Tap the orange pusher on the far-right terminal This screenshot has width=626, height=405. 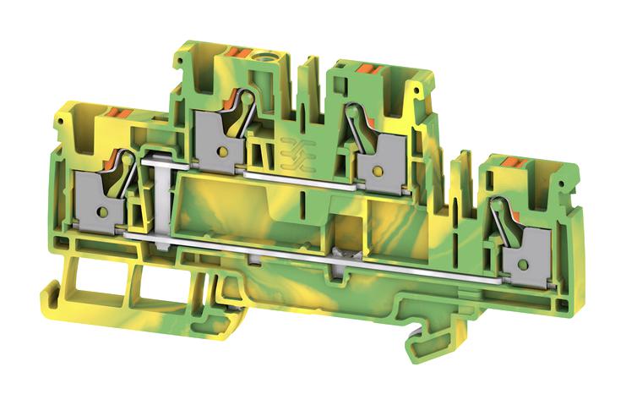click(x=513, y=162)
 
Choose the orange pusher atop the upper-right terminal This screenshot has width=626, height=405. click(x=366, y=68)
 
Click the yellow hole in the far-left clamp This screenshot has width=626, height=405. click(x=100, y=211)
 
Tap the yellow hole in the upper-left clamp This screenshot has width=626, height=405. click(x=221, y=152)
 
